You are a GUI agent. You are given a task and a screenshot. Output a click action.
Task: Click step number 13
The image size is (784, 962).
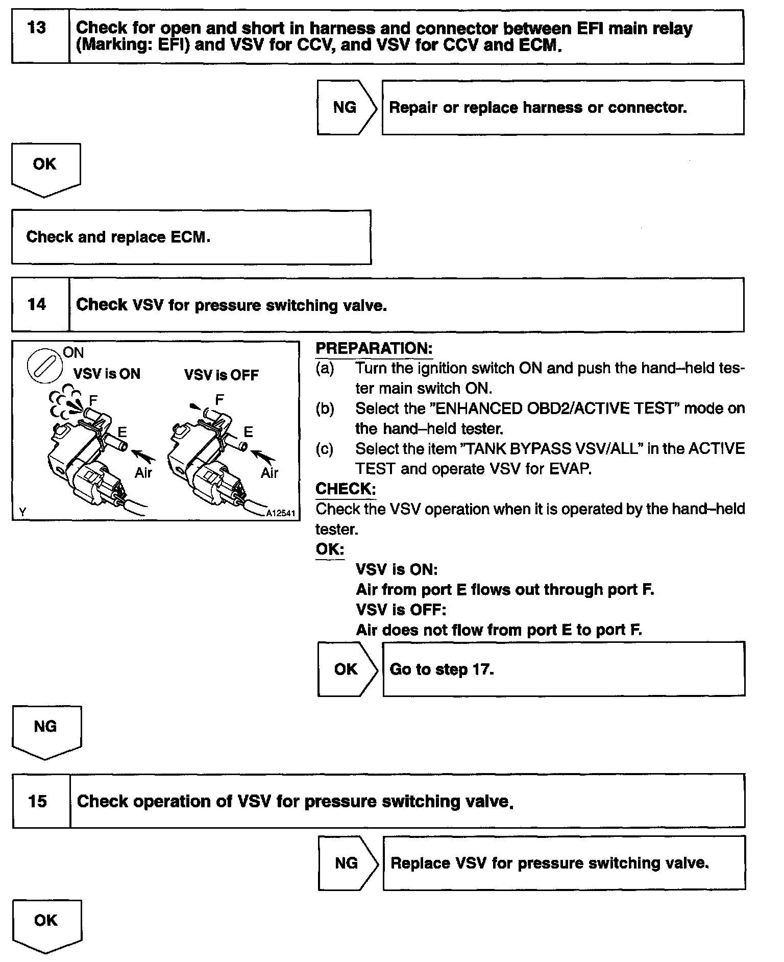37,28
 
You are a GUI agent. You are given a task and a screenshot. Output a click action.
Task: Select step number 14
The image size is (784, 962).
37,305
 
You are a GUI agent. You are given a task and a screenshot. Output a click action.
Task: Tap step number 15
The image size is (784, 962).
38,801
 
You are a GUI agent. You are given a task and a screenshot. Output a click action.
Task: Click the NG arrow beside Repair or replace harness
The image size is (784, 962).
346,107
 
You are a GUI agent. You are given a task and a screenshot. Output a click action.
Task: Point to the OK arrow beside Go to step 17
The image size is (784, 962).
346,669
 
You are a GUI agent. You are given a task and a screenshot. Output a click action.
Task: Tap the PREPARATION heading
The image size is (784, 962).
374,348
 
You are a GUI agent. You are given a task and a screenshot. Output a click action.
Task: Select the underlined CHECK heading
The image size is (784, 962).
346,489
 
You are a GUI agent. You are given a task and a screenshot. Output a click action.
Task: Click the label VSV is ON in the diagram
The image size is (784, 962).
107,374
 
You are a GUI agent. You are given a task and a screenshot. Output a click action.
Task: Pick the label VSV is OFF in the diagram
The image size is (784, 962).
221,375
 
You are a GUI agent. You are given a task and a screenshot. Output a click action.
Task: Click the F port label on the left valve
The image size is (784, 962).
93,400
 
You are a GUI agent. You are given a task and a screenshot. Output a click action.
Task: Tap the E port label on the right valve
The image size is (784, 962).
248,432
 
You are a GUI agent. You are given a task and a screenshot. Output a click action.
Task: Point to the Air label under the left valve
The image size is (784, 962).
143,473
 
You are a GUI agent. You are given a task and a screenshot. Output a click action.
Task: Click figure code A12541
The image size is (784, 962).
281,513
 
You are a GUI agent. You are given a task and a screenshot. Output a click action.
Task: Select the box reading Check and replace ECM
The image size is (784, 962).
191,237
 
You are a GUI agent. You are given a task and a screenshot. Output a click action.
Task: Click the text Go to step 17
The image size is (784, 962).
442,669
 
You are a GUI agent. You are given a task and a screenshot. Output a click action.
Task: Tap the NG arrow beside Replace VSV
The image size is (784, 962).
347,863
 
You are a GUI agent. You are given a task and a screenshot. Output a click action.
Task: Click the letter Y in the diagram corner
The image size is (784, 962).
22,512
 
